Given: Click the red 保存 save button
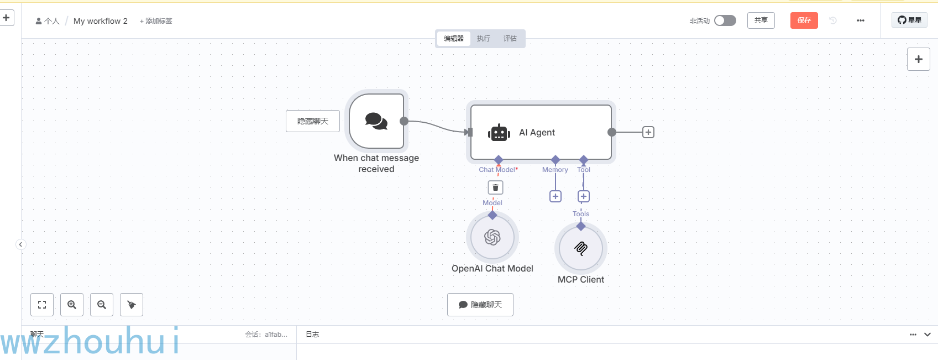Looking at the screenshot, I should click(804, 20).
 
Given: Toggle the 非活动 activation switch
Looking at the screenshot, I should click(725, 20).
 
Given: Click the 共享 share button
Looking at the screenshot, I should click(761, 20).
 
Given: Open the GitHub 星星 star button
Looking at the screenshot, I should click(909, 20).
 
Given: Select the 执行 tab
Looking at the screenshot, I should click(483, 39).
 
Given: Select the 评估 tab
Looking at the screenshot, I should click(510, 39).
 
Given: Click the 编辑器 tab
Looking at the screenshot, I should click(454, 39).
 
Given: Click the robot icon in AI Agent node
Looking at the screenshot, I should click(499, 133).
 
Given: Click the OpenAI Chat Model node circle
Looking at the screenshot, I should click(492, 237).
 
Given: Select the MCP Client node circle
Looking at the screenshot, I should click(580, 248).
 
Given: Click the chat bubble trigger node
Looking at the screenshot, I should click(376, 121).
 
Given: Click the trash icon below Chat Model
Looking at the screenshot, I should click(495, 187).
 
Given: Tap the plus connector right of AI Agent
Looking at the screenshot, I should click(648, 132).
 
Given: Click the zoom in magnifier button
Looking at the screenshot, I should click(72, 305).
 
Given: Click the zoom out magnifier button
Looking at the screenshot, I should click(102, 305).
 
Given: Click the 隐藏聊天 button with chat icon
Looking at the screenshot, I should click(480, 305).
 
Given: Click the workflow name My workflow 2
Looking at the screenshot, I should click(100, 21).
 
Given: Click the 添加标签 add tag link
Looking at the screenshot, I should click(156, 21).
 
